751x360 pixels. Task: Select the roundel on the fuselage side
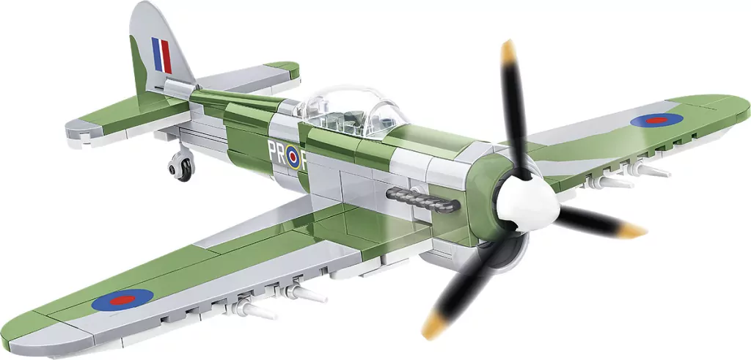[x=292, y=156]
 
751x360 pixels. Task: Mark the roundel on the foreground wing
[x=122, y=298]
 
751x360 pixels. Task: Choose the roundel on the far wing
[x=655, y=119]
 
